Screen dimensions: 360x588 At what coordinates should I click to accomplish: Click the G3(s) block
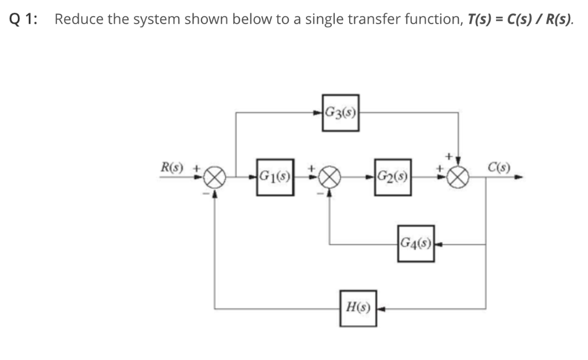click(341, 113)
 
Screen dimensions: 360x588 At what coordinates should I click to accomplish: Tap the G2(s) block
click(393, 177)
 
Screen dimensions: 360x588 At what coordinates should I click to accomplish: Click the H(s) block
click(358, 308)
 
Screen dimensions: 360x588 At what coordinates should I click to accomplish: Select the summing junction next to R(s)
click(214, 179)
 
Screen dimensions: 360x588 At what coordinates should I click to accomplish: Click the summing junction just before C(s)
click(459, 179)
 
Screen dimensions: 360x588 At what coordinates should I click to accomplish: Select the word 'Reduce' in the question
click(78, 19)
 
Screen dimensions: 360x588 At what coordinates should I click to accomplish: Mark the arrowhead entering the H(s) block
click(381, 308)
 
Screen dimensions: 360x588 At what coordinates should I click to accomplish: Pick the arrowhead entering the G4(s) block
click(438, 244)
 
